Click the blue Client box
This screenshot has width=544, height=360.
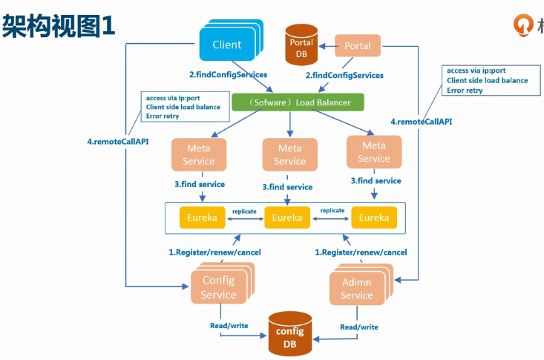coord(226,45)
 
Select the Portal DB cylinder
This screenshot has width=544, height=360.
coord(301,48)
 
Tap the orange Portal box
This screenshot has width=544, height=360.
coord(358,46)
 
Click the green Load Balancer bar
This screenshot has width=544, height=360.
coord(298,102)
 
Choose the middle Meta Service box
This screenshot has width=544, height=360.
coord(289,154)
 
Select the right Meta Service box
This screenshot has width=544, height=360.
coord(373,152)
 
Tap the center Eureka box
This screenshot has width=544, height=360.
coord(286,218)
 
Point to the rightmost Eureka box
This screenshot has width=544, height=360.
coord(373,218)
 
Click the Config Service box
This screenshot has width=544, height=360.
coord(218,287)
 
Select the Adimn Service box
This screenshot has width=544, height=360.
coord(356,289)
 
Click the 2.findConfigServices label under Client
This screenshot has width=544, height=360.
coord(229,75)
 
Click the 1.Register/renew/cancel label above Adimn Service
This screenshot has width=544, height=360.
coord(361,252)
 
